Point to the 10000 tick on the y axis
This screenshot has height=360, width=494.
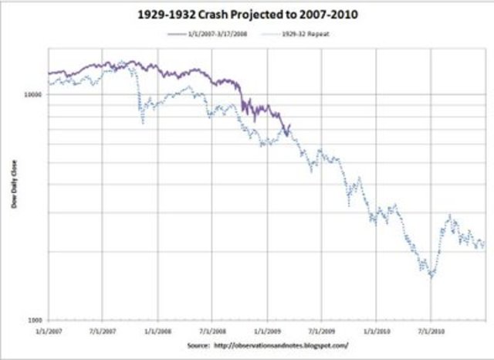point(34,94)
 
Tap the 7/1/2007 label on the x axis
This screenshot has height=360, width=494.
point(103,331)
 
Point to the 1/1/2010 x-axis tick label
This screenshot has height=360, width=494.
point(376,331)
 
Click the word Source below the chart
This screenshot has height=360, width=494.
point(200,345)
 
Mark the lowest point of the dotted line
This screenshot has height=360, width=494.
point(431,277)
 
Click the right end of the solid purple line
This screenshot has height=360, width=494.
point(290,125)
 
